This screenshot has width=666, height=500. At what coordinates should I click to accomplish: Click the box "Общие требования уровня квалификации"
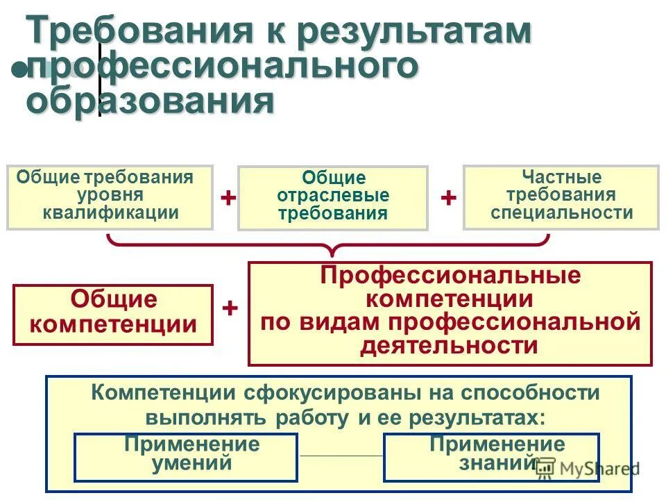[x=110, y=197]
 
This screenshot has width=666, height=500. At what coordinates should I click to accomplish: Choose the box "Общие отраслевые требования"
[x=333, y=198]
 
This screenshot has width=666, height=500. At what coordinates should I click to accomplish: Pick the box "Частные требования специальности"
[x=561, y=197]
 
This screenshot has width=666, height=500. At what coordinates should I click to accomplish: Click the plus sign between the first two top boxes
[x=228, y=198]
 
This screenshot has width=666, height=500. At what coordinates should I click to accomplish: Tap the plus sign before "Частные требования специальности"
[x=448, y=198]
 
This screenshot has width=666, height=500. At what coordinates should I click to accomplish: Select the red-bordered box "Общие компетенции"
[x=113, y=314]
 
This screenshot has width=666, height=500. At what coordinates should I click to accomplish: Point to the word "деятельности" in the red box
[x=450, y=345]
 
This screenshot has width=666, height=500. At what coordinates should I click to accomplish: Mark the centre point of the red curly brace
[x=334, y=247]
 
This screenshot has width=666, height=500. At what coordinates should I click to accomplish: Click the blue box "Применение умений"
[x=186, y=457]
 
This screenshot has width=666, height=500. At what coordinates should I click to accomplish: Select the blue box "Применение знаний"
[x=491, y=457]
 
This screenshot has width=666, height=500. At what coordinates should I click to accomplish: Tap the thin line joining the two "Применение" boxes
[x=341, y=456]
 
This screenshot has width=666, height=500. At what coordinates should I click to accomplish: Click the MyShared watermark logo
[x=587, y=469]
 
